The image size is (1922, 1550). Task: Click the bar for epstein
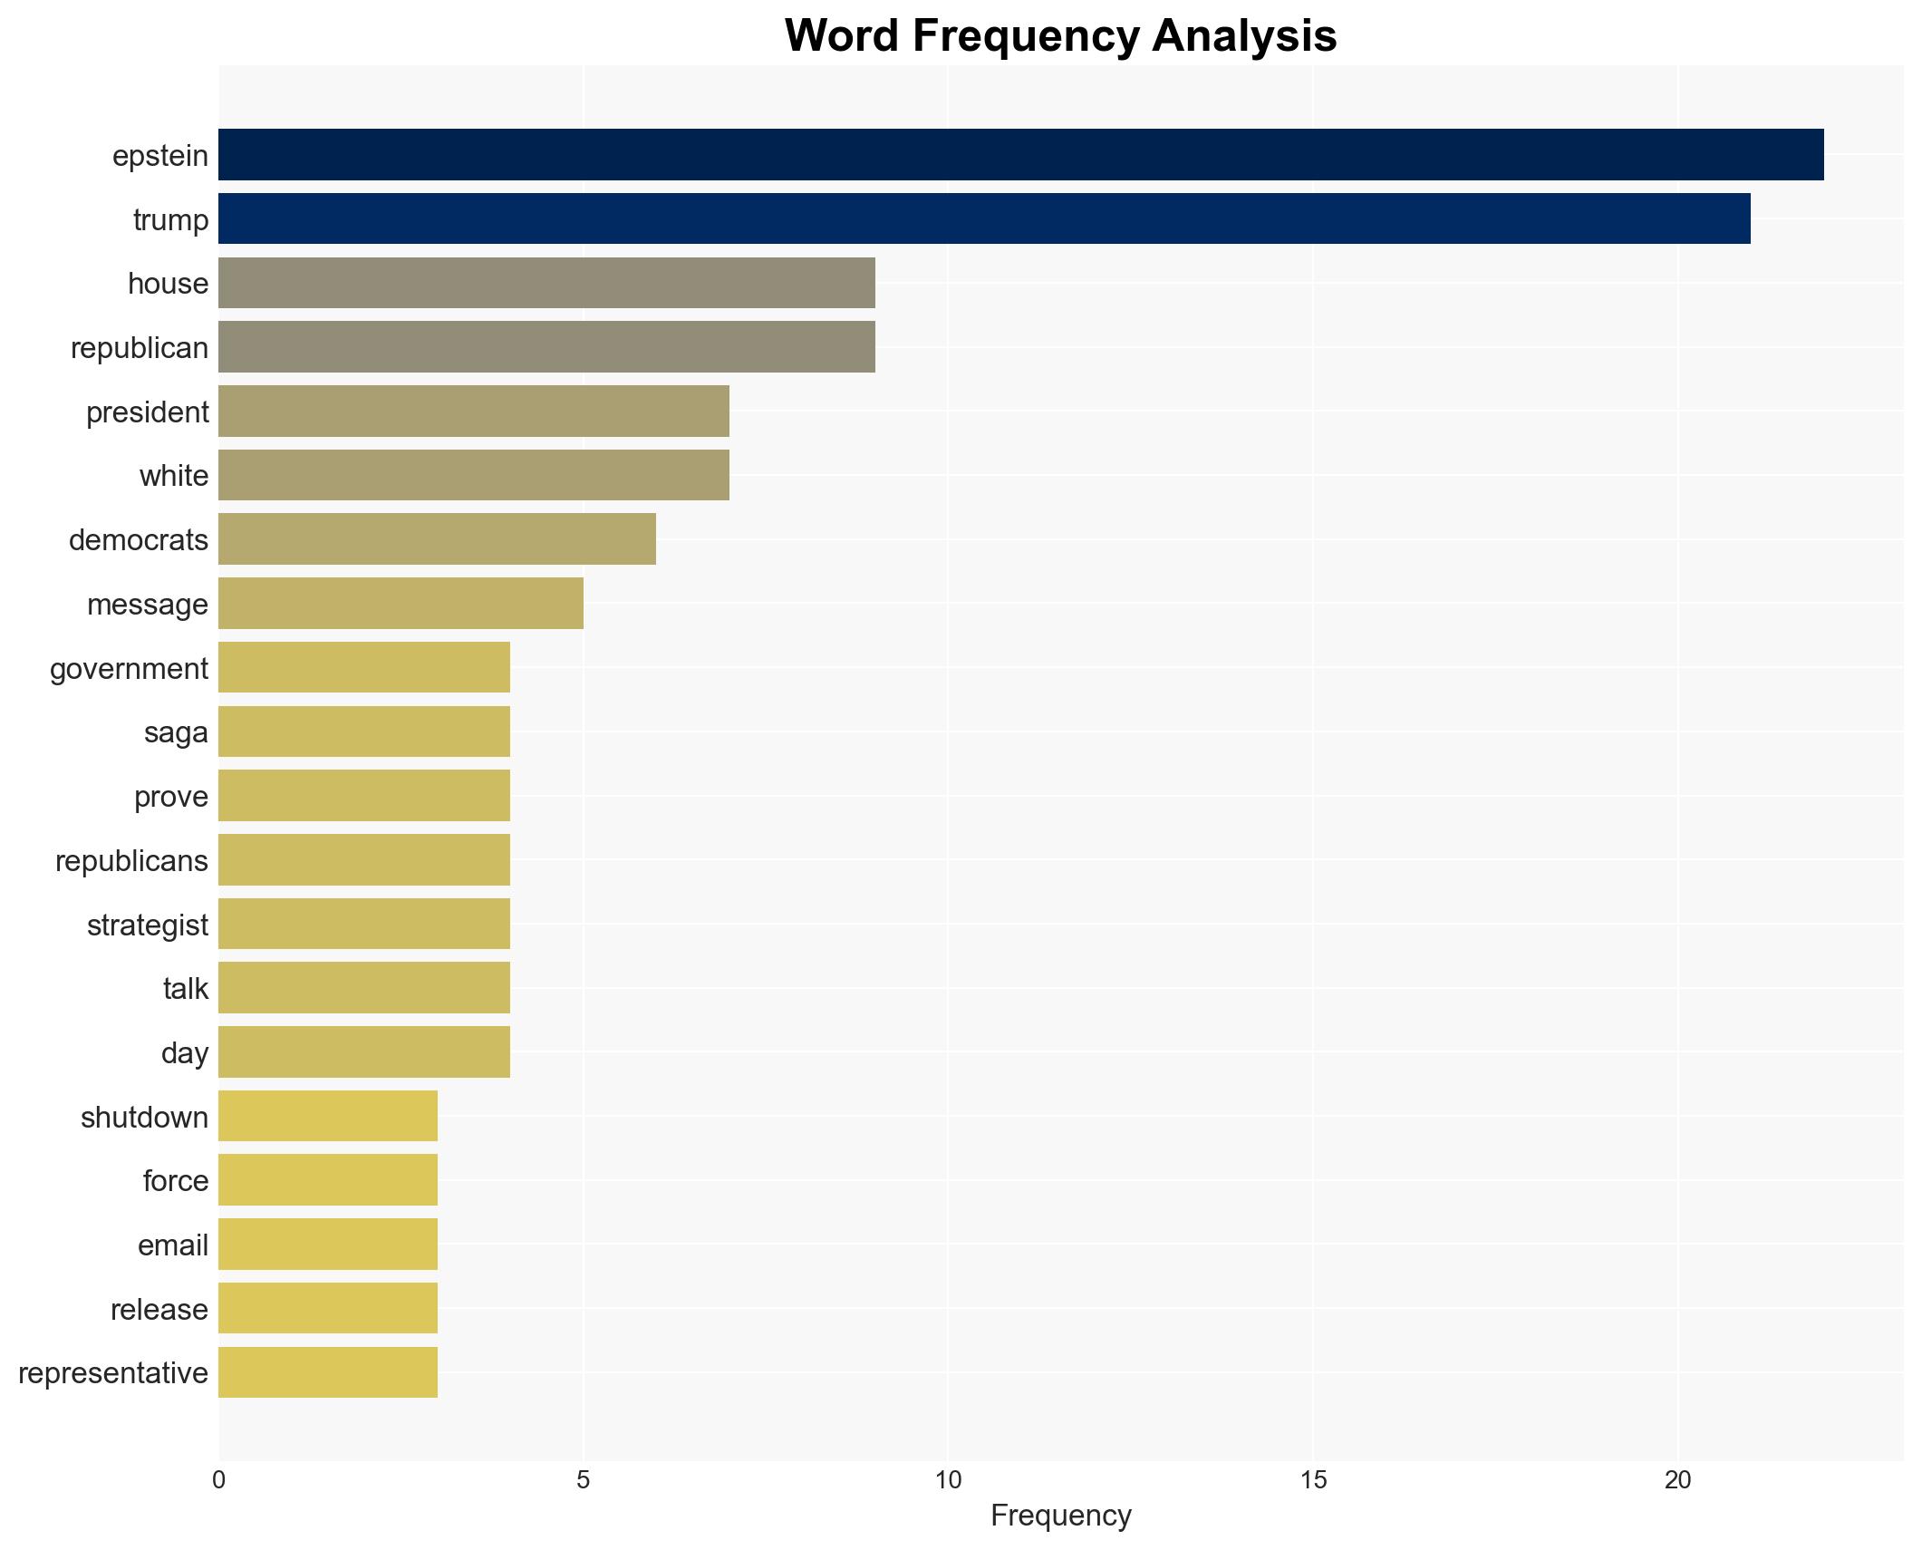[x=1020, y=155]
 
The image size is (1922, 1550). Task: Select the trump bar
[x=984, y=218]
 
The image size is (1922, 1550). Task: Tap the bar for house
[x=546, y=283]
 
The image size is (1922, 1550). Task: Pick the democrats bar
[x=437, y=539]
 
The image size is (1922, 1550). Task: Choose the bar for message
[x=401, y=604]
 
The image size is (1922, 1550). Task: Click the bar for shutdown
[x=328, y=1116]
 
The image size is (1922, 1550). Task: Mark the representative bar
[x=328, y=1372]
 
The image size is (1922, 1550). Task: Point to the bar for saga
[x=364, y=731]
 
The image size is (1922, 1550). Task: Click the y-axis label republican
[x=140, y=348]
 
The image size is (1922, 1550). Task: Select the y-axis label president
[x=147, y=412]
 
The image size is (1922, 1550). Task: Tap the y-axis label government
[x=129, y=669]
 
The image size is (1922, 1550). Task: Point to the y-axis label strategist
[x=147, y=925]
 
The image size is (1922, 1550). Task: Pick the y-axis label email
[x=172, y=1245]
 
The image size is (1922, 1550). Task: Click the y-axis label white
[x=173, y=476]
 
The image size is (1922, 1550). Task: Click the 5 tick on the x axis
[x=583, y=1480]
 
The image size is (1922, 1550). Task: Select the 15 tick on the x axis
[x=1313, y=1480]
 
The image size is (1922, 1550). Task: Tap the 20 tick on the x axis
[x=1677, y=1480]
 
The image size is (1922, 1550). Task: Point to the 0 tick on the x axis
[x=218, y=1480]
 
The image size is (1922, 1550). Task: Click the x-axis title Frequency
[x=1060, y=1516]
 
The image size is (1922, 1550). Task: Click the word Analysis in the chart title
[x=1244, y=36]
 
